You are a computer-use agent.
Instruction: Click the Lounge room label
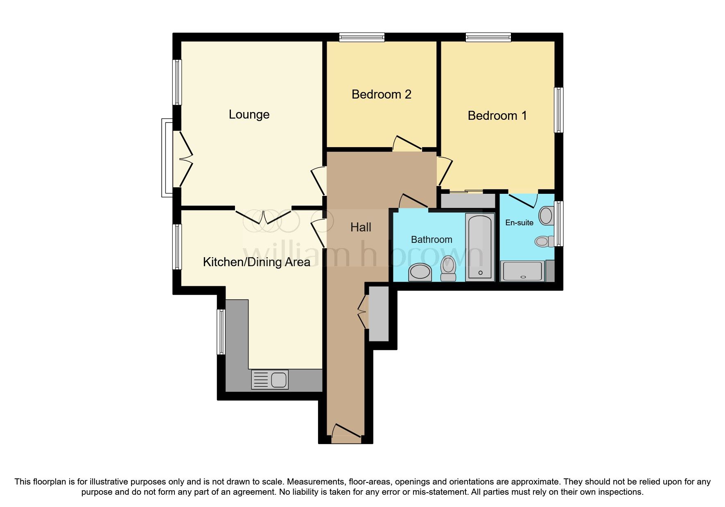[x=249, y=114]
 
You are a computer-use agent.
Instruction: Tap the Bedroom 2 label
[x=381, y=94]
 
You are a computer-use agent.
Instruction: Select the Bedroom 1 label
[x=497, y=116]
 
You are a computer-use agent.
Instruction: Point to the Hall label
[x=361, y=227]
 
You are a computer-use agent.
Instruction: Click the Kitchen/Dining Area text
[x=256, y=262]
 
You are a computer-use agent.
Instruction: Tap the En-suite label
[x=519, y=223]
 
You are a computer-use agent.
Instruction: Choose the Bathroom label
[x=431, y=240]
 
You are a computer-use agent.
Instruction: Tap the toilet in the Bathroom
[x=448, y=268]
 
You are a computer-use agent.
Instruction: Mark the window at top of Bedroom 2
[x=362, y=38]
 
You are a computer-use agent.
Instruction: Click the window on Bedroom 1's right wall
[x=558, y=110]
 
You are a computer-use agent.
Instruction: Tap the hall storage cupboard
[x=379, y=314]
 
